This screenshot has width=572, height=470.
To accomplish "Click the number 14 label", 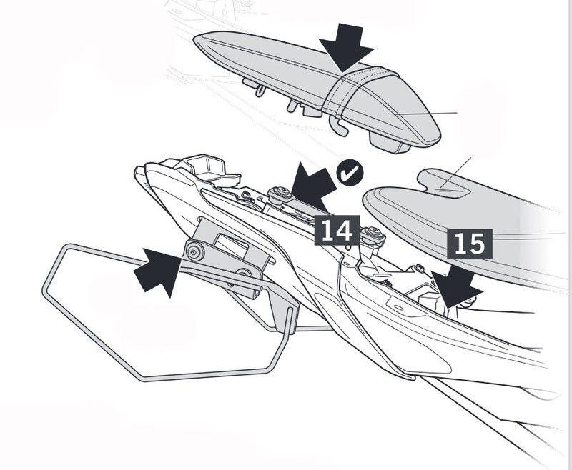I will [336, 230].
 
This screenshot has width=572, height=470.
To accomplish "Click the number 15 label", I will [469, 244].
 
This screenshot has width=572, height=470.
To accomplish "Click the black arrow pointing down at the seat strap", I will [347, 47].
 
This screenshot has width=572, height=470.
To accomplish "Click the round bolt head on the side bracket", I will [193, 251].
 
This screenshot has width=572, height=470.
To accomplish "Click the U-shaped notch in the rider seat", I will [446, 187].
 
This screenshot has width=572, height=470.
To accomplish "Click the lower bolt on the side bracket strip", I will [245, 273].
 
